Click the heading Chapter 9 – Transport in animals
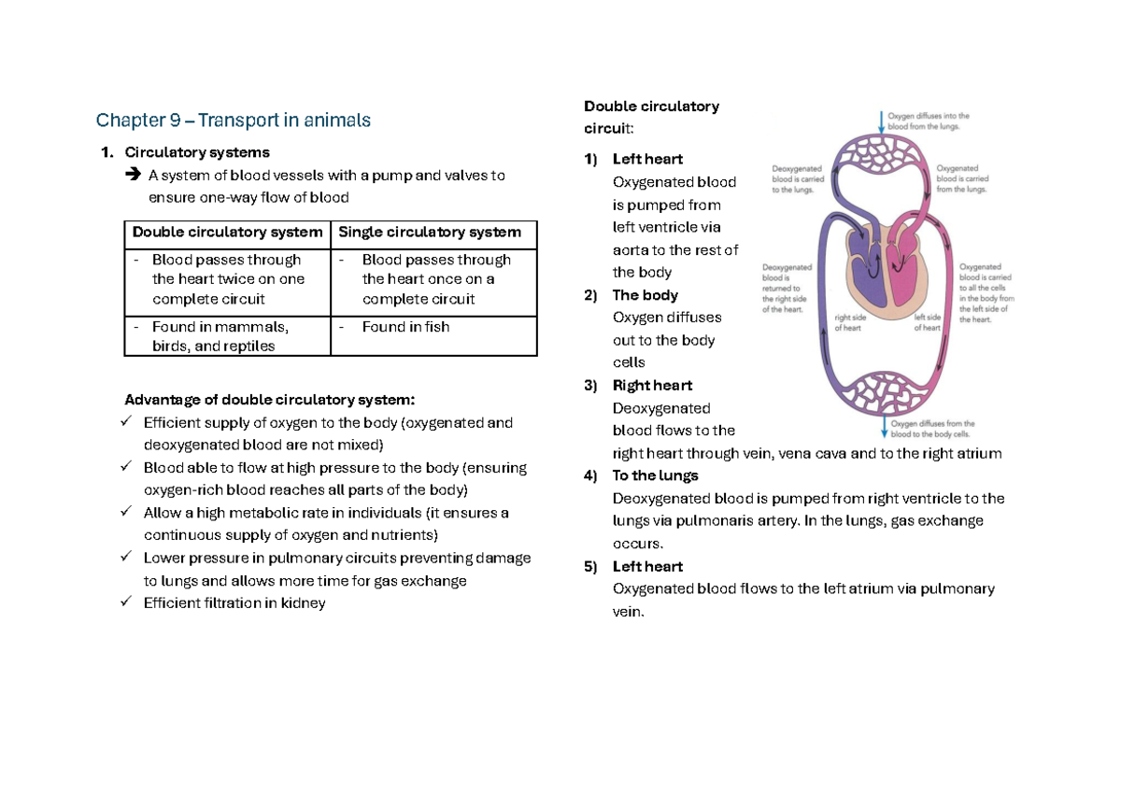pos(234,120)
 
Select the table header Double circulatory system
pos(227,233)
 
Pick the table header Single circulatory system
pos(430,233)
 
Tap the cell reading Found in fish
pos(405,327)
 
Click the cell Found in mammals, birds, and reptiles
pos(221,336)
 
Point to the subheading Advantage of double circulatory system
pos(269,400)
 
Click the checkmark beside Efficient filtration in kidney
pos(127,602)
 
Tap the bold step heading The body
pos(645,295)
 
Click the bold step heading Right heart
pos(652,386)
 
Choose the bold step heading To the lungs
pos(655,475)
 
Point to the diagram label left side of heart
pos(927,322)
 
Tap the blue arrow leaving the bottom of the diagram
pos(884,427)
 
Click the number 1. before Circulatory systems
pos(106,152)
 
